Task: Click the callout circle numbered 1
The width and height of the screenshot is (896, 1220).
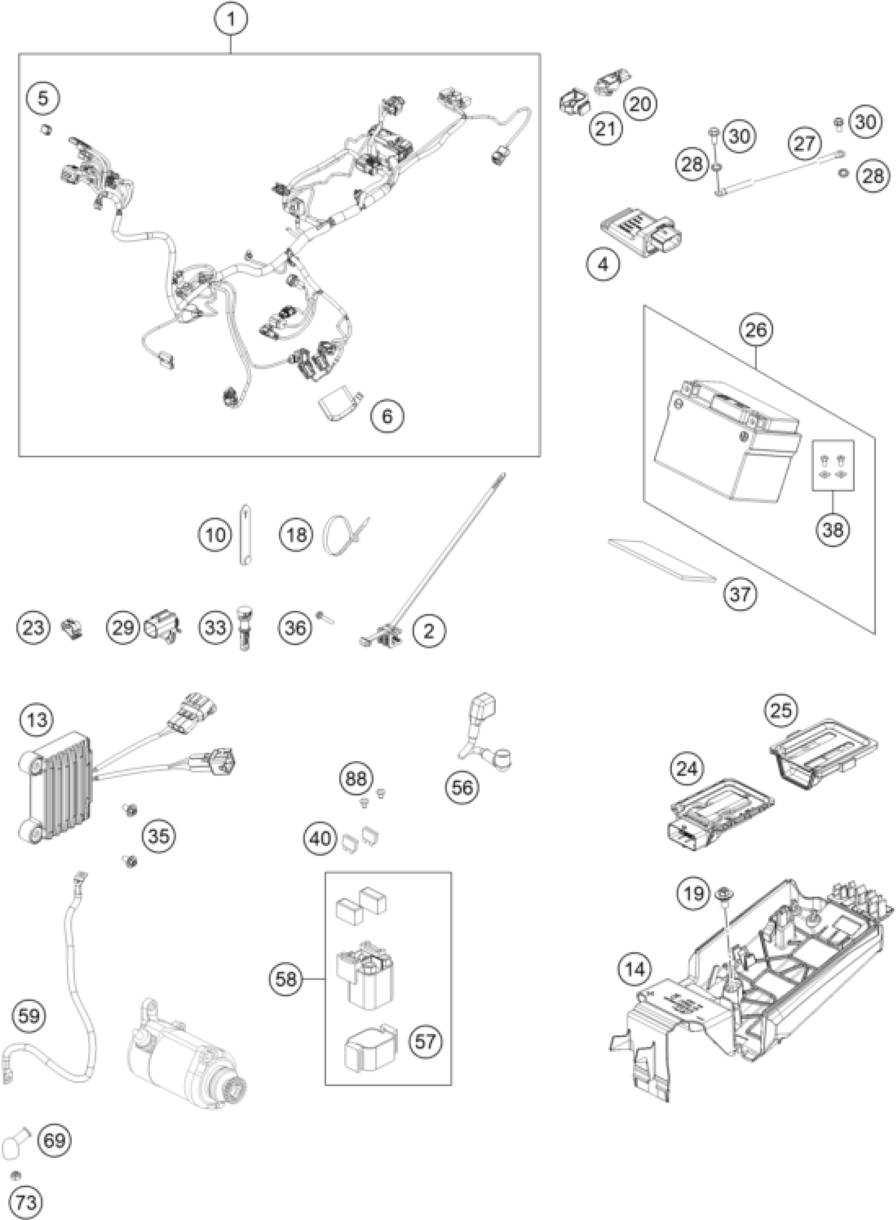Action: [x=230, y=20]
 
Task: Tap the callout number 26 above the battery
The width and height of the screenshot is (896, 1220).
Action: [x=757, y=330]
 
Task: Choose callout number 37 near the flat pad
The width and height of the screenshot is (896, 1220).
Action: [x=740, y=594]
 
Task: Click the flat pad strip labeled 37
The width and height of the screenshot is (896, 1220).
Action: [x=661, y=559]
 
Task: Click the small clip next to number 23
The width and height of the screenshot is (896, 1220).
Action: [x=72, y=628]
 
